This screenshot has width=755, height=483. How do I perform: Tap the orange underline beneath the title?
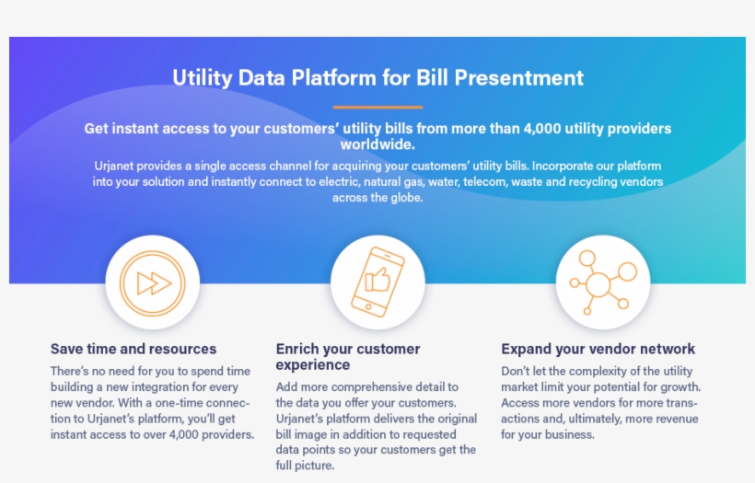pos(377,107)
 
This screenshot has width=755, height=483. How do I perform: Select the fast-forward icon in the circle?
pos(153,282)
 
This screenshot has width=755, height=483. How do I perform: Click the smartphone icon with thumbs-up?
pos(377,282)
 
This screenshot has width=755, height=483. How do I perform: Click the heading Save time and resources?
pos(134,349)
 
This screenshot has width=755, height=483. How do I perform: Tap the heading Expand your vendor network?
pos(598,349)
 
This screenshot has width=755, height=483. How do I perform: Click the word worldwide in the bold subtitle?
pos(377,144)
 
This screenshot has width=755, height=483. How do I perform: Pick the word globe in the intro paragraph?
pos(403,198)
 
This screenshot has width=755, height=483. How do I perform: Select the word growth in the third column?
pos(676,386)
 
